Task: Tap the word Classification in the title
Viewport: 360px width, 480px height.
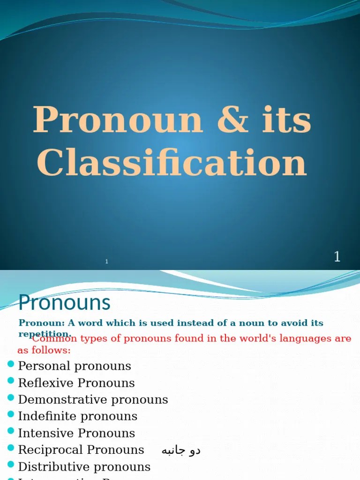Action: (172, 163)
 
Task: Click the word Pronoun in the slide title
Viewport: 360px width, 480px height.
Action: (118, 120)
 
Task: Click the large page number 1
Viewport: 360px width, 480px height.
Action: (337, 257)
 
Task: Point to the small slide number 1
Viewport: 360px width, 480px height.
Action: (107, 262)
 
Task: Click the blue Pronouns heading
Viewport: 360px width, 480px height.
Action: (64, 303)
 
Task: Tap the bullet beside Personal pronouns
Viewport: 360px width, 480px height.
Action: (11, 364)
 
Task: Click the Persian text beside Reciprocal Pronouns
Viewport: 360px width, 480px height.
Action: (181, 450)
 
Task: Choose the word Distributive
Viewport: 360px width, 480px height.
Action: (52, 467)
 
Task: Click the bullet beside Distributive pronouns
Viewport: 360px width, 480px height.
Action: (11, 465)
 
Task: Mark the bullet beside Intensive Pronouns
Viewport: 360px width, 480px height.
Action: (11, 432)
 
